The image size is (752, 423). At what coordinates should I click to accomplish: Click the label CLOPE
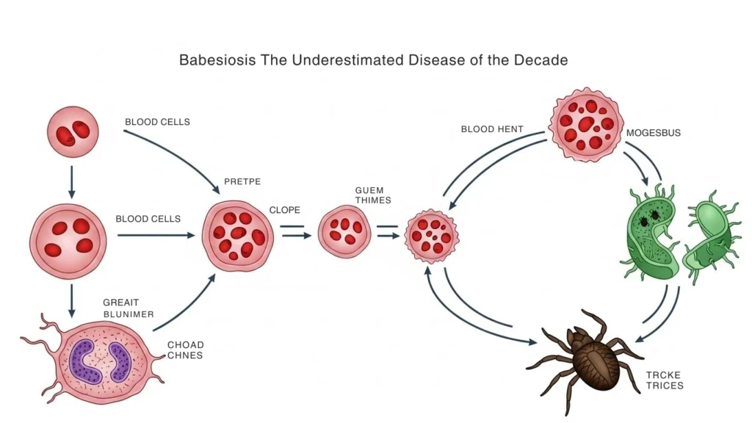pos(285,209)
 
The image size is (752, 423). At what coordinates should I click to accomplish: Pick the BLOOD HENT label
pos(491,129)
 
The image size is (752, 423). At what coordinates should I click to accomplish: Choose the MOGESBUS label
pos(653,134)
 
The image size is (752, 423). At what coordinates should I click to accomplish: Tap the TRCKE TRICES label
pos(664,380)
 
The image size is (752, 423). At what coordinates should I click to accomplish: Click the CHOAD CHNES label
pos(185,350)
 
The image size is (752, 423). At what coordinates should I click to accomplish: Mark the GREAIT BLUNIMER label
pos(129,308)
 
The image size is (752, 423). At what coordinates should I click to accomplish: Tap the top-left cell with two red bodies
pos(72,132)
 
